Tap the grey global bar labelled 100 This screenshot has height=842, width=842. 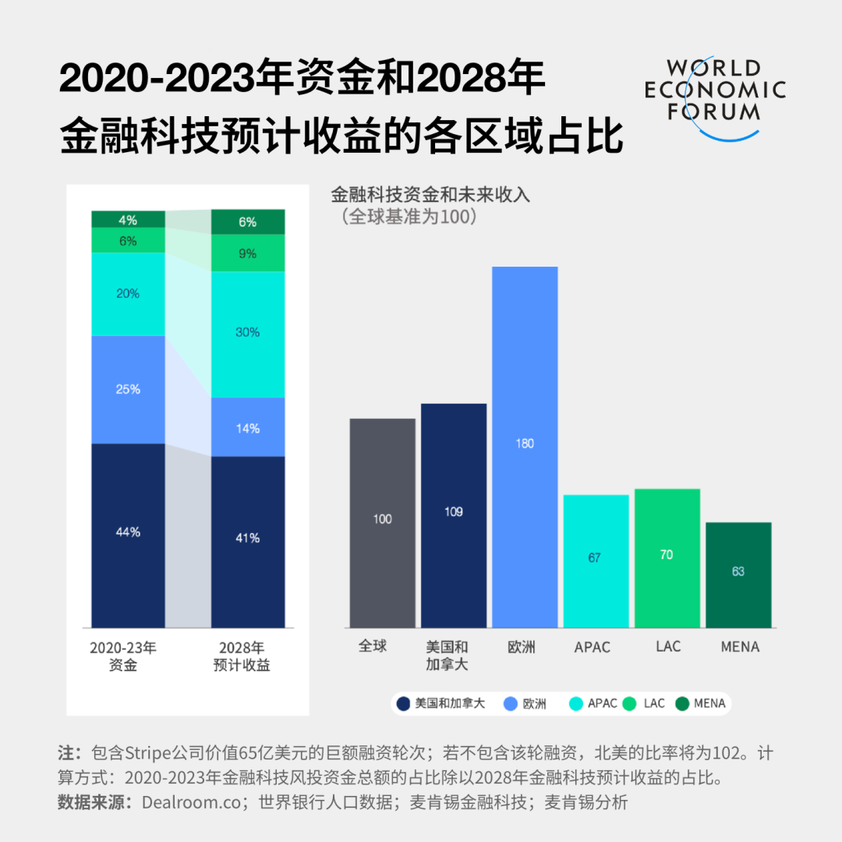[x=382, y=522]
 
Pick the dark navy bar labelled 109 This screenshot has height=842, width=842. [x=454, y=515]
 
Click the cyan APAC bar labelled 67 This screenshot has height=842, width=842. [x=596, y=561]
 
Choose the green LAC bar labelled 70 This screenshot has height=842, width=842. [x=667, y=557]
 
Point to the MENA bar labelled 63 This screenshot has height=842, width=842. [x=738, y=574]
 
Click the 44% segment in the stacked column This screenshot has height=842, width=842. [x=128, y=535]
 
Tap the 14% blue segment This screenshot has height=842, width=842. [x=248, y=427]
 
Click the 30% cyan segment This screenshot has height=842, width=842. [x=248, y=334]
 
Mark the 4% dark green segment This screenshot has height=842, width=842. [x=128, y=219]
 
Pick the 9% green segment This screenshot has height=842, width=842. [x=248, y=253]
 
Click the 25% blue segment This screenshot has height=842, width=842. [x=128, y=389]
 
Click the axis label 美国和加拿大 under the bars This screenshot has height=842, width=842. [x=448, y=656]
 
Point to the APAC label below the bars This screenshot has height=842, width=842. [x=592, y=647]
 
